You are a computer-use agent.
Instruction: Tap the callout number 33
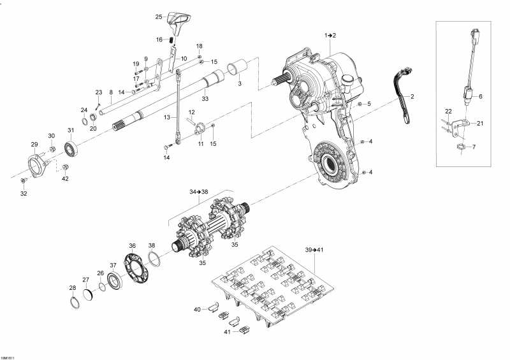pos(205,98)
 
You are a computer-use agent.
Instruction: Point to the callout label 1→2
pos(330,34)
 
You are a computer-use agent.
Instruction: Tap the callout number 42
pos(65,178)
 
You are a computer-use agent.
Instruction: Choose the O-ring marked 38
pos(154,258)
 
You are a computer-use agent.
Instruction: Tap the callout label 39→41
pos(314,250)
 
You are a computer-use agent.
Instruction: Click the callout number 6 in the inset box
pos(481,96)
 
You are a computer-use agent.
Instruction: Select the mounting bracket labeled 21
pos(462,126)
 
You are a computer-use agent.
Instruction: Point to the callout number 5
pos(368,103)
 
